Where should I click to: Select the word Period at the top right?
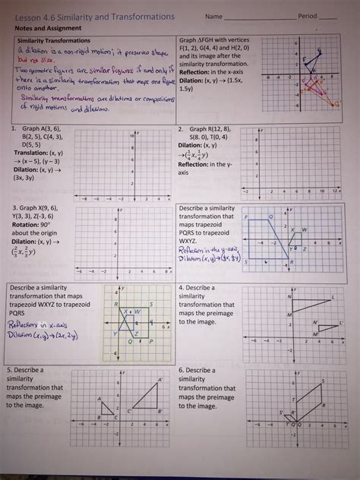click(308, 16)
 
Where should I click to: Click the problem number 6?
click(180, 370)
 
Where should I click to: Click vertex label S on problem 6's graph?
click(279, 412)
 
